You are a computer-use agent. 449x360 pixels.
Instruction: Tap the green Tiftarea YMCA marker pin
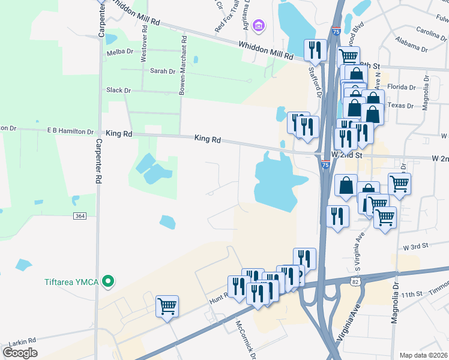(x=108, y=280)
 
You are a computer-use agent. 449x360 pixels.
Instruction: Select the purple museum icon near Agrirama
(x=259, y=25)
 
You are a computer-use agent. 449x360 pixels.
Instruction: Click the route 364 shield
(x=79, y=215)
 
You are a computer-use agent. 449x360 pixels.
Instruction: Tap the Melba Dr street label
(x=119, y=52)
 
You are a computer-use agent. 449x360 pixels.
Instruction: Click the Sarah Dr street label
(x=162, y=71)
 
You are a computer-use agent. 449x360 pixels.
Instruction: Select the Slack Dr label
(x=118, y=90)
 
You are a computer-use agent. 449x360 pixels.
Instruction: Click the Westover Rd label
(x=144, y=48)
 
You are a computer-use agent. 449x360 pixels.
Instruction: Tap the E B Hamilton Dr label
(x=71, y=131)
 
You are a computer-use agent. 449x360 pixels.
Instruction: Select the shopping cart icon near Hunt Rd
(x=167, y=306)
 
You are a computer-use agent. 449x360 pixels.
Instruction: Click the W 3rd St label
(x=415, y=247)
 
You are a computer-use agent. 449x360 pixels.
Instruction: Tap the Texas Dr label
(x=401, y=105)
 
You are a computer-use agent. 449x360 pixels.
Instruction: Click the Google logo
(x=20, y=353)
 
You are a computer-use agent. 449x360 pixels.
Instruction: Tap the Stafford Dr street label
(x=316, y=82)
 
